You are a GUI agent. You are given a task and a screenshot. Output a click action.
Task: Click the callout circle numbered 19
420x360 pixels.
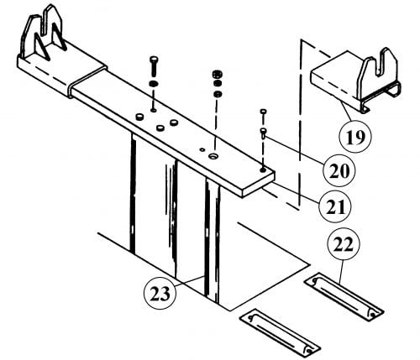[x=354, y=137]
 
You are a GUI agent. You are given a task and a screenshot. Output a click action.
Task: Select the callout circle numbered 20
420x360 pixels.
[x=339, y=170]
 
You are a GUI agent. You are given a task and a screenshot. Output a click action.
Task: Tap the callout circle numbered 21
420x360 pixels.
[x=335, y=206]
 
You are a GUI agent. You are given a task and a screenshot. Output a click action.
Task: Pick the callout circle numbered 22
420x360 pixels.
[x=344, y=245]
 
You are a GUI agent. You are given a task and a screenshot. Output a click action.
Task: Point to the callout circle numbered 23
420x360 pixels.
[x=160, y=294]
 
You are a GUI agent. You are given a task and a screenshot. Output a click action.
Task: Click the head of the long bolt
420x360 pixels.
[x=154, y=60]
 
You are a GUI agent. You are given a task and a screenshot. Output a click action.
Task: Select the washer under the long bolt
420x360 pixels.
[x=154, y=83]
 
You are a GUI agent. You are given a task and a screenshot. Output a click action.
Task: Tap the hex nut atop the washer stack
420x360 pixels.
[x=218, y=75]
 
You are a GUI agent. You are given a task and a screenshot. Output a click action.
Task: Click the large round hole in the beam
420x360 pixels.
[x=214, y=155]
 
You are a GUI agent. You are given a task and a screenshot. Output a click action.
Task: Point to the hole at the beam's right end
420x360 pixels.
[x=263, y=170]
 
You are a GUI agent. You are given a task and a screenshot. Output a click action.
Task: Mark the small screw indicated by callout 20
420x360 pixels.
[x=263, y=133]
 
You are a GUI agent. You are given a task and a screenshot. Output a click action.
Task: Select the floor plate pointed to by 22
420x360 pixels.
[x=344, y=296]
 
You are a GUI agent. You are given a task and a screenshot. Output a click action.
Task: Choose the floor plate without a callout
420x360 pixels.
[x=280, y=333]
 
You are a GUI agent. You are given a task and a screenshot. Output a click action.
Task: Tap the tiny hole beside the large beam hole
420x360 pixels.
[x=202, y=149]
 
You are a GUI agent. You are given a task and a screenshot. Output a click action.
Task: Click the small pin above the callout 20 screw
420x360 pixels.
[x=264, y=112]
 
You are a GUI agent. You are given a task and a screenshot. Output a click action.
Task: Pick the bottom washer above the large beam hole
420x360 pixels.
[x=218, y=94]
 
